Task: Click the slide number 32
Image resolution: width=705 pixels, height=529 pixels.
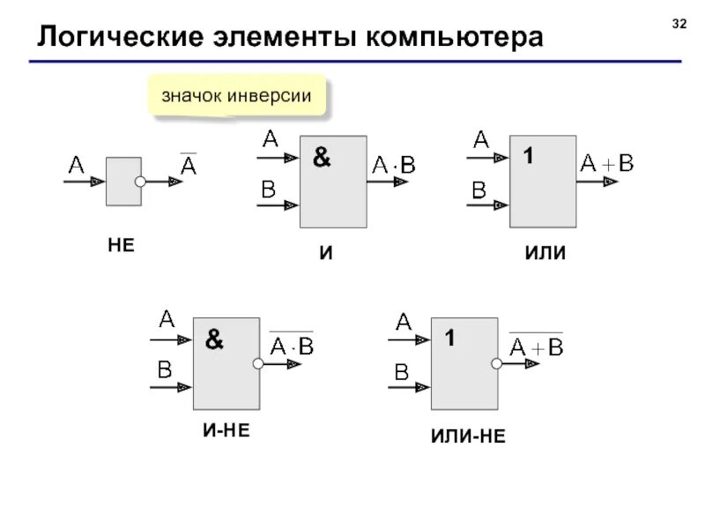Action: coord(679,24)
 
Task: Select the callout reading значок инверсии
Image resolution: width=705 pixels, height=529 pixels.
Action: coord(236,95)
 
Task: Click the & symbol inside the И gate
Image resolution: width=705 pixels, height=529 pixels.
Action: coord(322,158)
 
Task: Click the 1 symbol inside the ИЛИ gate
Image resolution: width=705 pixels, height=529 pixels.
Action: coord(528,157)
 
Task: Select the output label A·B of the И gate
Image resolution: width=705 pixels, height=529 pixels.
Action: coord(394,164)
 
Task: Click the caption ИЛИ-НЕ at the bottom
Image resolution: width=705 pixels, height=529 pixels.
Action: coord(468,436)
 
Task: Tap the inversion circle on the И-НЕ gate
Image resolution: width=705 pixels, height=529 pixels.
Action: coord(259,363)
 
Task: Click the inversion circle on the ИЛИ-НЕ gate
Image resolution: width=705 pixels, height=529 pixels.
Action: coord(497,363)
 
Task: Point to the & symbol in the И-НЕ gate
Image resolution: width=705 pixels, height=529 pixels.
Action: coord(214,339)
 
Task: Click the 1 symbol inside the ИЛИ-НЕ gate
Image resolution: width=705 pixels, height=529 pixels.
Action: coord(449,339)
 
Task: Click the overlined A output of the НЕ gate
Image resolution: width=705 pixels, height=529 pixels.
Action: coord(189,164)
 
